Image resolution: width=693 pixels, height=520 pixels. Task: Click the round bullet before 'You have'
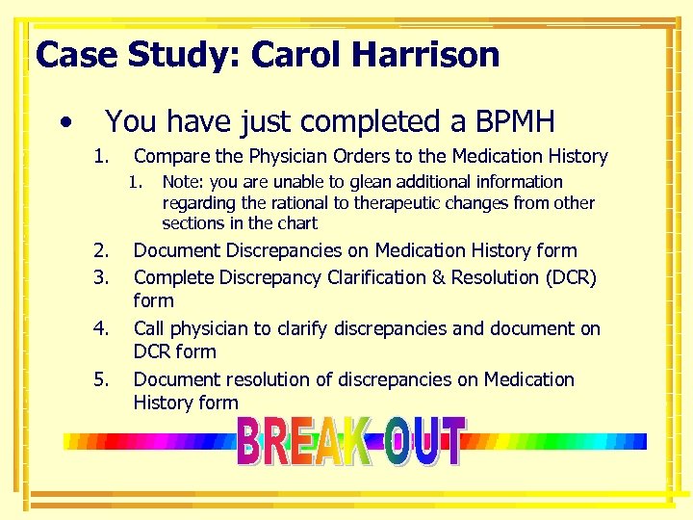pos(64,122)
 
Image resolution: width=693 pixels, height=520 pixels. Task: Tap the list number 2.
pos(100,251)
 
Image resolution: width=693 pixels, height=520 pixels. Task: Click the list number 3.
pos(100,278)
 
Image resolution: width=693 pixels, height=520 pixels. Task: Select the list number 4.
pos(100,329)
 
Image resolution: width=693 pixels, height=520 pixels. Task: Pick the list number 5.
pos(100,380)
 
